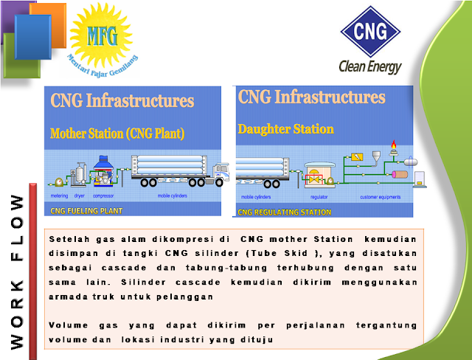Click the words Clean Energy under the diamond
click(x=370, y=66)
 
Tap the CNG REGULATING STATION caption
click(x=284, y=212)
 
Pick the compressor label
click(x=103, y=197)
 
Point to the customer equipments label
click(x=380, y=198)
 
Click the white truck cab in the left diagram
click(x=220, y=174)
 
